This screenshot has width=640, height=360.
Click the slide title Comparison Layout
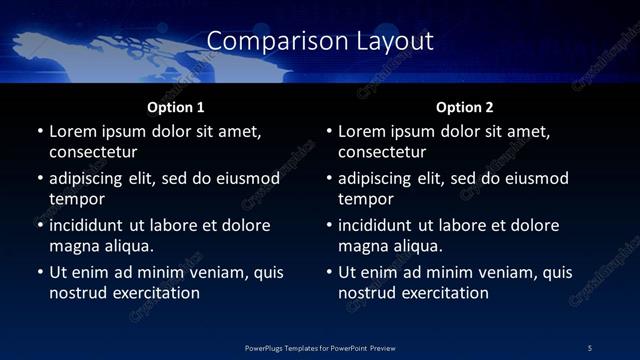320,41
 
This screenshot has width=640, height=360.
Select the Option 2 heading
464,107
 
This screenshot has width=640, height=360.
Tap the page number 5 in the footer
589,347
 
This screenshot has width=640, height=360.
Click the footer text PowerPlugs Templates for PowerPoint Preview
320,347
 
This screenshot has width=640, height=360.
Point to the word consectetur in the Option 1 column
93,152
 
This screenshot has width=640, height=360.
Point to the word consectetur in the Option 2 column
382,152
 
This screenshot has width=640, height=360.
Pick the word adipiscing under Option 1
89,179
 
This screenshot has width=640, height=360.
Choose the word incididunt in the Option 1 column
89,225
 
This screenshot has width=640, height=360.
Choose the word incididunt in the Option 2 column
378,225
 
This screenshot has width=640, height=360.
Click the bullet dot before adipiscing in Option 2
329,179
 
